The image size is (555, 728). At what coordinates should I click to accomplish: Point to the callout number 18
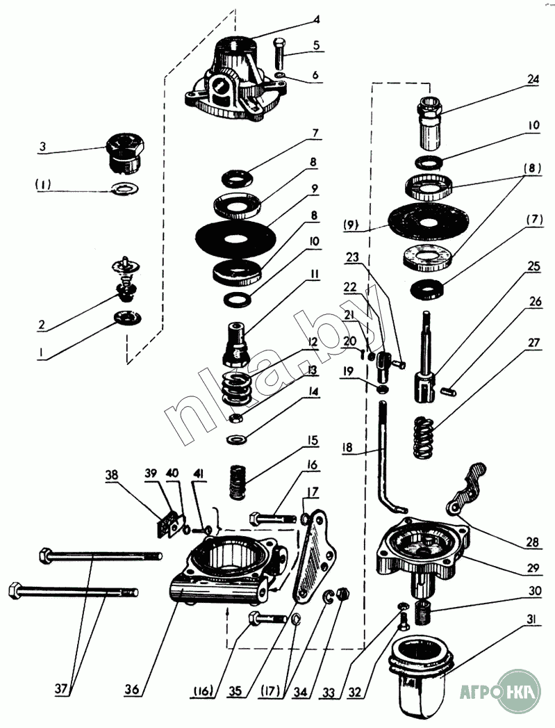[x=347, y=448]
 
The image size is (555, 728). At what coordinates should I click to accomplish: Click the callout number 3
[x=42, y=147]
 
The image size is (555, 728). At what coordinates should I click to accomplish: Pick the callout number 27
[x=533, y=342]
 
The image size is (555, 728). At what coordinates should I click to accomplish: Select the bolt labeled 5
[x=280, y=52]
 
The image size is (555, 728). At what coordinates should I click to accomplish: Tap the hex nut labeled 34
[x=343, y=593]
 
